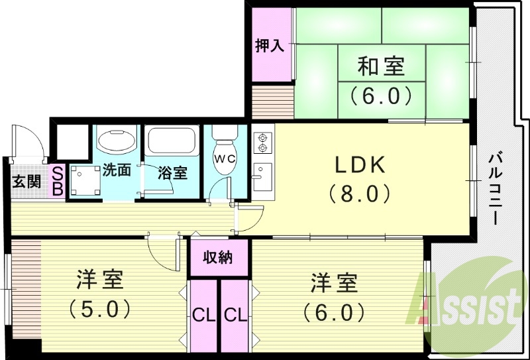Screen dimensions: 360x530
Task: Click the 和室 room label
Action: tap(381, 67)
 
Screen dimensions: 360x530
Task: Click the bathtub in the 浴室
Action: tap(171, 140)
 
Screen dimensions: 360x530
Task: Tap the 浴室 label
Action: tap(172, 174)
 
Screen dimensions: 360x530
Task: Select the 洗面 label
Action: tap(117, 170)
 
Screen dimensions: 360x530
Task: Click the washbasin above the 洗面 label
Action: tap(117, 140)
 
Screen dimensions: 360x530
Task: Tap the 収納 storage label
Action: tap(217, 257)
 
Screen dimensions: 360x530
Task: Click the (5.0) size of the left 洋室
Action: tap(99, 308)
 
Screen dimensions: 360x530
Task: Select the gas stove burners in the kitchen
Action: tap(261, 143)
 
